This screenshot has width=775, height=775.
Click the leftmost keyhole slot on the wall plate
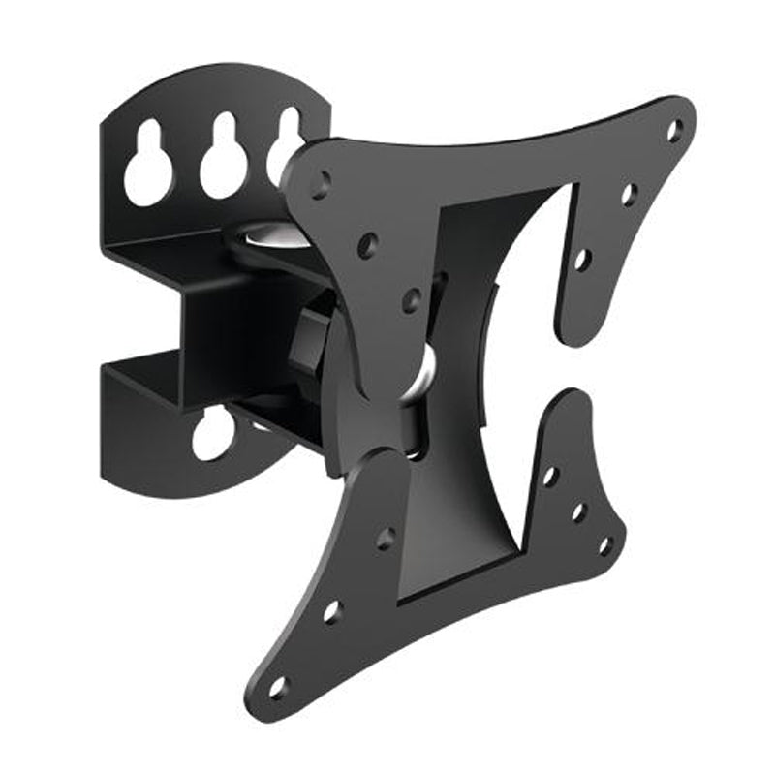point(149,166)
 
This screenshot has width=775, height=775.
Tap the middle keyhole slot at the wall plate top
point(224,161)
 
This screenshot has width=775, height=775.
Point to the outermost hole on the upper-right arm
point(674,128)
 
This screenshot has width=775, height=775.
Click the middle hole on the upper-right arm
point(629,195)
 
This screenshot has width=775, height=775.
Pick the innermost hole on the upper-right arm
point(581,260)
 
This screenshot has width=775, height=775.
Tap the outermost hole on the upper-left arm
point(321,182)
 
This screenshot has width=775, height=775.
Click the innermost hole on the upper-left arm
point(411,299)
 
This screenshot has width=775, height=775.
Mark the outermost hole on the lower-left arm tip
point(279,687)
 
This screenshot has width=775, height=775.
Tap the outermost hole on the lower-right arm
point(605,544)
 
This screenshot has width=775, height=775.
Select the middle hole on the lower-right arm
point(578,511)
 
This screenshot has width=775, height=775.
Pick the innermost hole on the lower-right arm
point(550,477)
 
